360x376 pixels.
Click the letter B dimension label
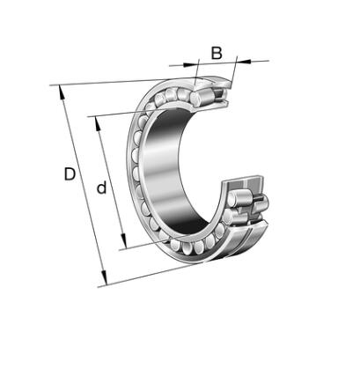click(217, 54)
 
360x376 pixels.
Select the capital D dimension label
click(70, 174)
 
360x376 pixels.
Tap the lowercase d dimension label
click(101, 188)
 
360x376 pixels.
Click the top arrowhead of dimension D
click(62, 92)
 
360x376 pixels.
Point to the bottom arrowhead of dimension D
click(104, 278)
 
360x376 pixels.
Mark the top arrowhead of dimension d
click(98, 123)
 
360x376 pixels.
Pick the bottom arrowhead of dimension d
click(124, 242)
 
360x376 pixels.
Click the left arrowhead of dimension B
click(191, 64)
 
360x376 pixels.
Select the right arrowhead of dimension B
click(244, 61)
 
